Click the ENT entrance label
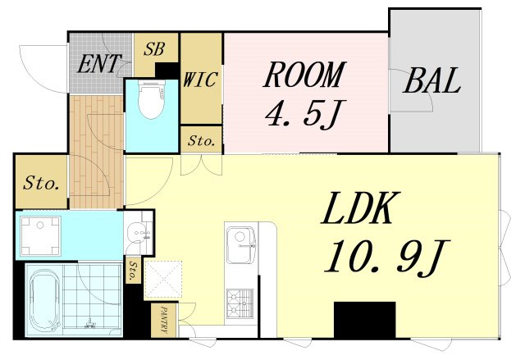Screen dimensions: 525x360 point(98,64)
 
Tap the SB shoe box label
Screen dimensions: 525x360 point(154,49)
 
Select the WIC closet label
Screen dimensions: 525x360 point(201,80)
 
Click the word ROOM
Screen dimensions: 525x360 point(304,75)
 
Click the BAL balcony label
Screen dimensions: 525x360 point(432,80)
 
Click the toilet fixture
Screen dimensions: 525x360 point(151,99)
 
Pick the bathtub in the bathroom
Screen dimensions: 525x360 point(45,300)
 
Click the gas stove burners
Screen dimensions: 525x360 point(240,303)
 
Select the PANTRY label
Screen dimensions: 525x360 point(164,320)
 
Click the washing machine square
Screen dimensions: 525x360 point(40,236)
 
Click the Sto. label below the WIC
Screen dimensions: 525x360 point(201,141)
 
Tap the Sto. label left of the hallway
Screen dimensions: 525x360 point(41,184)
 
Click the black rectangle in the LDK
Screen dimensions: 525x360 point(364,320)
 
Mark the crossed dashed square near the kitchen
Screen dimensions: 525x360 point(163,280)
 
